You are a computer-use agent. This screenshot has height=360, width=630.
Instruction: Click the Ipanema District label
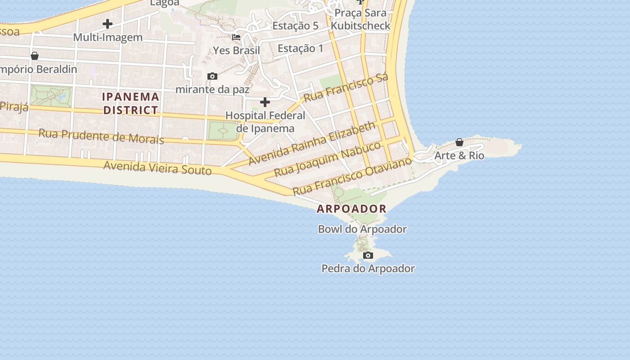[131, 103]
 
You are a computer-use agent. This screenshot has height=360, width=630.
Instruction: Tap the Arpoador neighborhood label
[351, 209]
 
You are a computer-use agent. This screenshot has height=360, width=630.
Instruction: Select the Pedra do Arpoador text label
[368, 269]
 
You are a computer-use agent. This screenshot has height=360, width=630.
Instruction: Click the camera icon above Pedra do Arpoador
[368, 256]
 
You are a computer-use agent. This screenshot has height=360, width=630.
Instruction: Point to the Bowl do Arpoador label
[362, 229]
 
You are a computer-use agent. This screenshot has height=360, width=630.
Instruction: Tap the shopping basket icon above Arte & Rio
[459, 142]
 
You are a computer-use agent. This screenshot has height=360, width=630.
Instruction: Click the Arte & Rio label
[459, 156]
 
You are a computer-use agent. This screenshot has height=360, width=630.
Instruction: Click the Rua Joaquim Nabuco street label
[327, 159]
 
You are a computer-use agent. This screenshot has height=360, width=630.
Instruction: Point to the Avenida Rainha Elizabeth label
[312, 143]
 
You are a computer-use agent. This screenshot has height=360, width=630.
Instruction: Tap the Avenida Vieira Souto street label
[157, 168]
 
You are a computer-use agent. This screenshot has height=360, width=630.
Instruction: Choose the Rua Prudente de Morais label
[101, 136]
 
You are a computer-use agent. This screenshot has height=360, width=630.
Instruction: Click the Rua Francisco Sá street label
[346, 88]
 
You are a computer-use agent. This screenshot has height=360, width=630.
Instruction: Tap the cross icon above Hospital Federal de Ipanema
[265, 102]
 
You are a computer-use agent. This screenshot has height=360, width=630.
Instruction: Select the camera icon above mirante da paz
[212, 76]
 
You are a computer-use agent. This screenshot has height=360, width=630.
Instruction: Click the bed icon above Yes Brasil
[236, 37]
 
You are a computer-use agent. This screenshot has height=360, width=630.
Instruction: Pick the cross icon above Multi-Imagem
[108, 23]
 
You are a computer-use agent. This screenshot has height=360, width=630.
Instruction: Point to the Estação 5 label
[295, 26]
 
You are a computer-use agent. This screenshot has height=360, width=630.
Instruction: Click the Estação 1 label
[300, 48]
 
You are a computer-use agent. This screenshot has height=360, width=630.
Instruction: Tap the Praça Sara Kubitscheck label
[360, 19]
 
